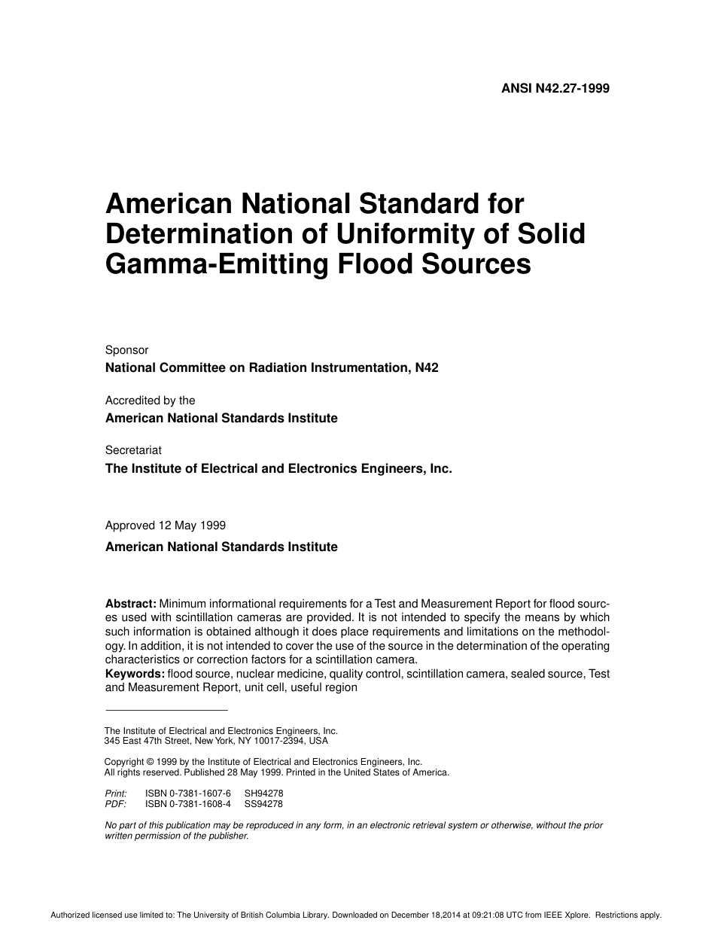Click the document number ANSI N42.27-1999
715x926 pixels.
point(555,88)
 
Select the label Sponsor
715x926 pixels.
point(126,350)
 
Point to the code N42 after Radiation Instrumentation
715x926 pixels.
point(427,368)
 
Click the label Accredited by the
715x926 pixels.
point(150,401)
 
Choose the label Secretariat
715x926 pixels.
point(133,450)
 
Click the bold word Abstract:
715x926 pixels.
point(130,604)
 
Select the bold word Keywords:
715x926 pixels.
point(135,674)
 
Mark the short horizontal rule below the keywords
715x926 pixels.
point(166,709)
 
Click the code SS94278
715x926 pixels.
point(263,804)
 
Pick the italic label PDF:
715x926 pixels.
point(115,804)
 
